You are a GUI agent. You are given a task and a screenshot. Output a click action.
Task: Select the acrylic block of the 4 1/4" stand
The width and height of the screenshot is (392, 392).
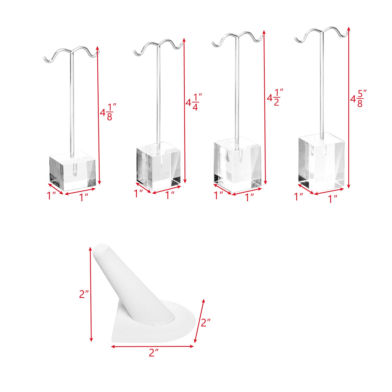click(159, 166)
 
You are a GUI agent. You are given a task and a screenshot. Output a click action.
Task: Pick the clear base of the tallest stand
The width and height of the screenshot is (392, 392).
click(321, 162)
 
